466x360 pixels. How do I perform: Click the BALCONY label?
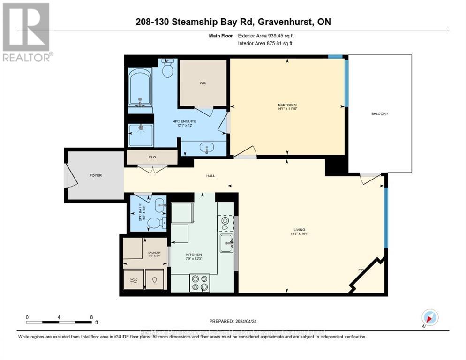point(380,114)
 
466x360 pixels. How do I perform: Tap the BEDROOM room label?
point(287,105)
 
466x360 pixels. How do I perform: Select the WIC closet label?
point(203,83)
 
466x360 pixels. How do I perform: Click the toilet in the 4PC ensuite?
point(167,69)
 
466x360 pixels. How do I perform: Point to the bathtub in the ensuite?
point(140,87)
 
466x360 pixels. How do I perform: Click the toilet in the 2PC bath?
point(154,222)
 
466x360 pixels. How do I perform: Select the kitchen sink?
point(227,242)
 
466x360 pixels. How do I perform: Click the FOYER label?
point(96,175)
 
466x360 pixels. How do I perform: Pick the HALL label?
point(210,176)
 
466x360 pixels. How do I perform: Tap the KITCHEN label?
point(194,255)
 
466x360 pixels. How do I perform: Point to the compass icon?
point(429,318)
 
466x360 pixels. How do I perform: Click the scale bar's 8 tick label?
point(91,317)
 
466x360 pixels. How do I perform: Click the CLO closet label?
point(152,157)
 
